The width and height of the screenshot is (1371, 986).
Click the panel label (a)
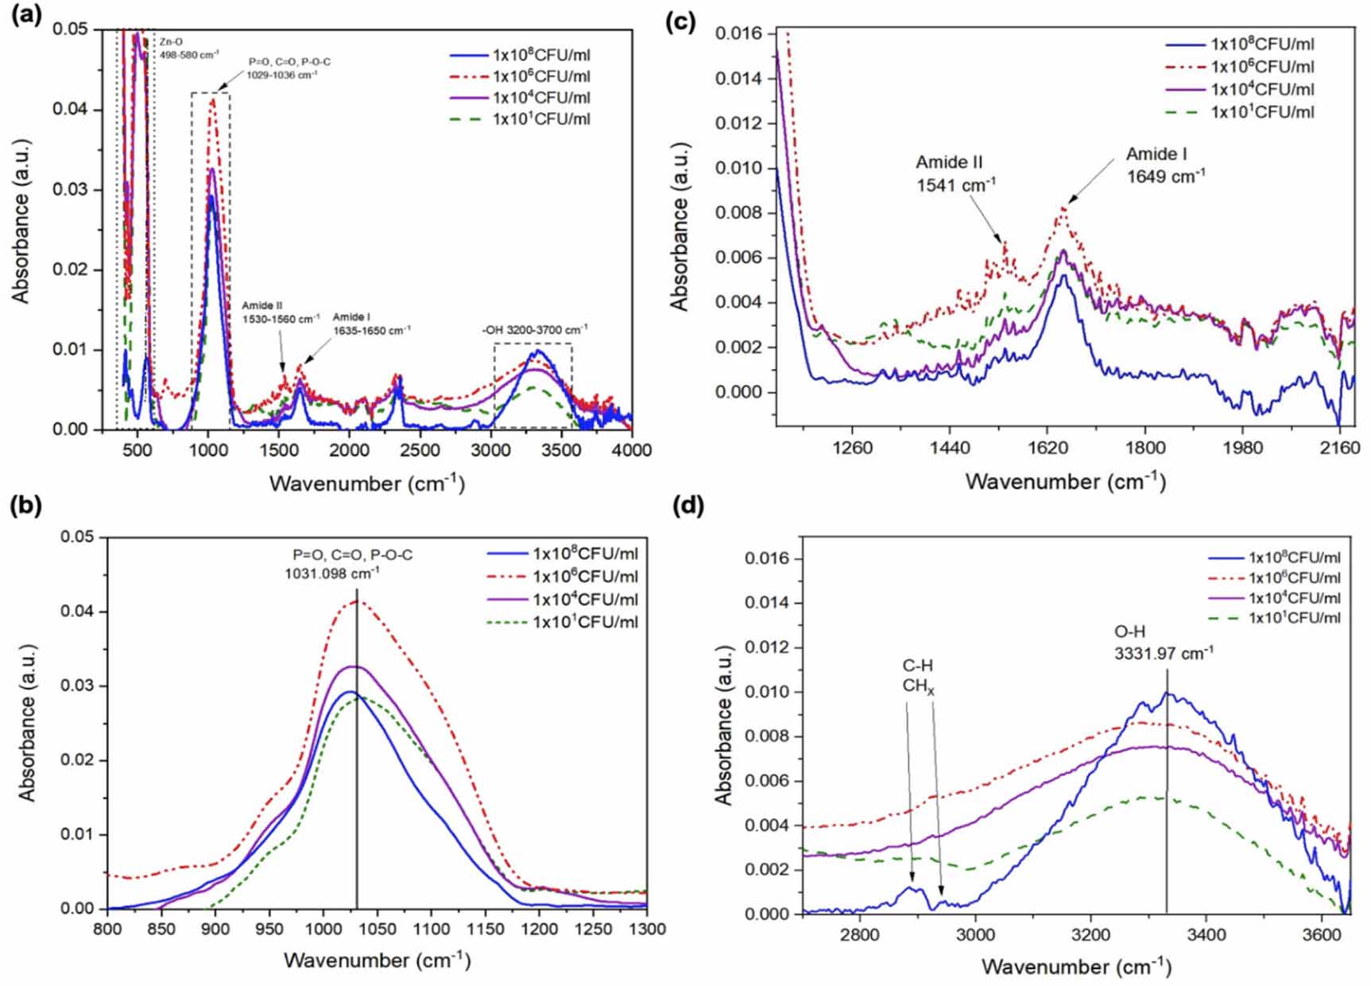point(26,17)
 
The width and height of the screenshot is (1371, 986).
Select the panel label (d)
point(688,506)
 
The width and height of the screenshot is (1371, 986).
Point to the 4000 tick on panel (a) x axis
point(632,450)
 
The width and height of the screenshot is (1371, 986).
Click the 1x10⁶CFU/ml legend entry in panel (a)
point(541,76)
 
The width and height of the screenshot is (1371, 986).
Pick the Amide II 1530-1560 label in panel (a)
point(281,312)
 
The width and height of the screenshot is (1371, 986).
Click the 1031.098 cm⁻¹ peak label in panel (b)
point(332,572)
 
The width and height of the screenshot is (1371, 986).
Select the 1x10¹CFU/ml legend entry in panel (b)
point(585,622)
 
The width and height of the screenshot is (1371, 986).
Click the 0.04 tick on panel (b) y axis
point(78,611)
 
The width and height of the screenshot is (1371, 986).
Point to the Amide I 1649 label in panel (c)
point(1165,165)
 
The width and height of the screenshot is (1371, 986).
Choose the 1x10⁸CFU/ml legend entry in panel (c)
point(1262,45)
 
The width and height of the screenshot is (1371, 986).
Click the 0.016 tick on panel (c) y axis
point(738,33)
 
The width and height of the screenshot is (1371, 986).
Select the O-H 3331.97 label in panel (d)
point(1164,642)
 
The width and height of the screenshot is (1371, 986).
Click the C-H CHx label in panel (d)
point(918,676)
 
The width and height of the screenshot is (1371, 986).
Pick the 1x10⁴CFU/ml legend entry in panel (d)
point(1294,598)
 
